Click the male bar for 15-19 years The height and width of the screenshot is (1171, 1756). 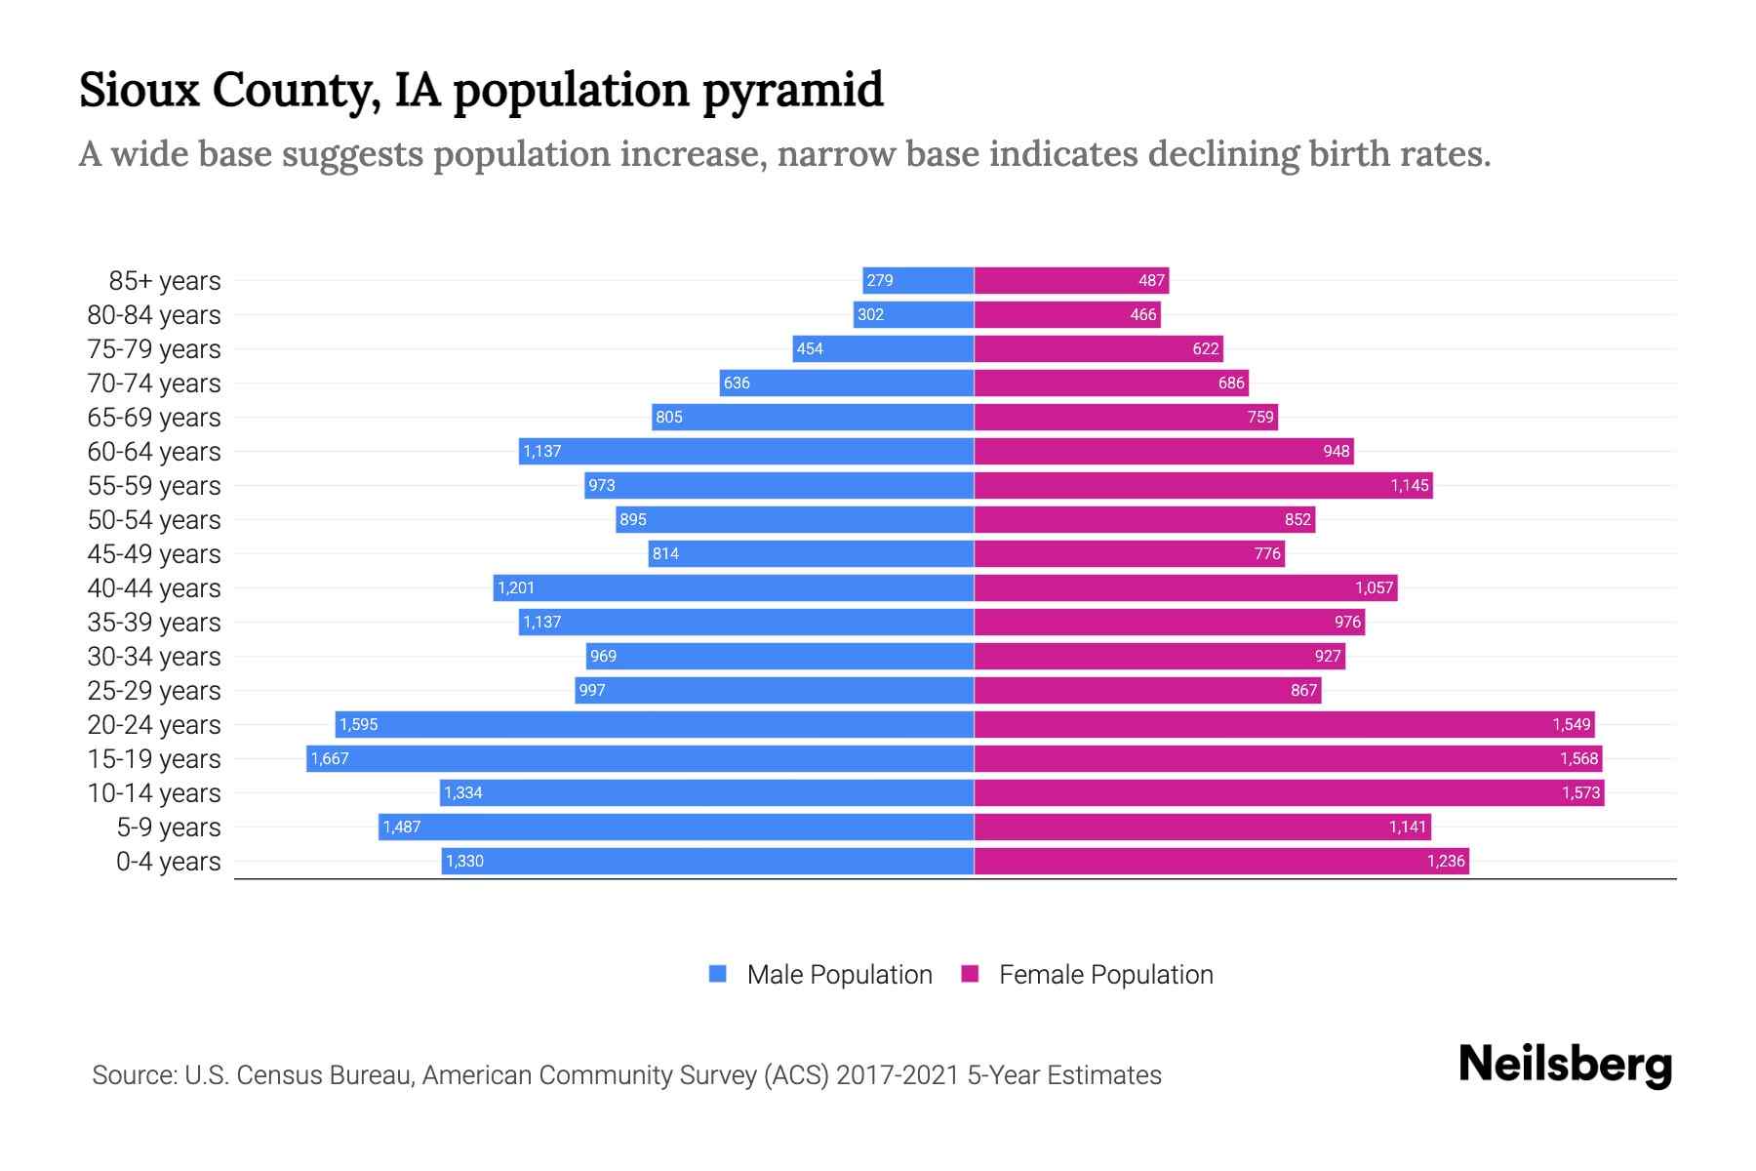640,758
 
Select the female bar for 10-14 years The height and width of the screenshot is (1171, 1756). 1288,792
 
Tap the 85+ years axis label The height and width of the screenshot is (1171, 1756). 164,281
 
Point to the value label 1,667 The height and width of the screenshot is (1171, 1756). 330,759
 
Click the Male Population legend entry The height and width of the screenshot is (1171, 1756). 819,974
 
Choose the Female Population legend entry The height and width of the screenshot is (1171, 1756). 1088,974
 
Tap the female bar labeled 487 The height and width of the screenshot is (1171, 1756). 1071,280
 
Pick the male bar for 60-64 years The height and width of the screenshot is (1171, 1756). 746,451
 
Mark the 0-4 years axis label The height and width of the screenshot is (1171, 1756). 168,862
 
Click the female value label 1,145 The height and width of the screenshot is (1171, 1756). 1410,485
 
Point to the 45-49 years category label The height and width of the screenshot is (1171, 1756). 154,554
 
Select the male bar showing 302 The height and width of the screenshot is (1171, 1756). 913,314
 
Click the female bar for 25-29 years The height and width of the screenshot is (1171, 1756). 1147,690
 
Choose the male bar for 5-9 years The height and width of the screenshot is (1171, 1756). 676,827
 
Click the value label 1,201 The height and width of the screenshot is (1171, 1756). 516,587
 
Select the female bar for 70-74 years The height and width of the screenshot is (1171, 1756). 1111,383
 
